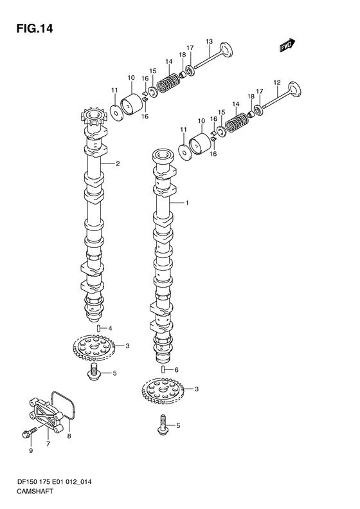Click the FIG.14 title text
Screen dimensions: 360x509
coord(34,29)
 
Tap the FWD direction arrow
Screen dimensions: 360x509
coord(287,45)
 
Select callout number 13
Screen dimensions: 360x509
coord(209,41)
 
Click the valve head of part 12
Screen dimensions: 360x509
coord(295,89)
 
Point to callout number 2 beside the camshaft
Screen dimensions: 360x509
coord(118,163)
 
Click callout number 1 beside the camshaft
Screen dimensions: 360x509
coord(187,203)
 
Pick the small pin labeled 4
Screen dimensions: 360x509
coord(98,328)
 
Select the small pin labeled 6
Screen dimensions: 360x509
coord(163,369)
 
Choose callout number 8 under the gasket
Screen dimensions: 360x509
coord(69,436)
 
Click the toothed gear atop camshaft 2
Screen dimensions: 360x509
coord(93,118)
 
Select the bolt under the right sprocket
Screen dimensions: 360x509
coord(163,425)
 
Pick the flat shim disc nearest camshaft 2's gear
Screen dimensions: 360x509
coord(116,112)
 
